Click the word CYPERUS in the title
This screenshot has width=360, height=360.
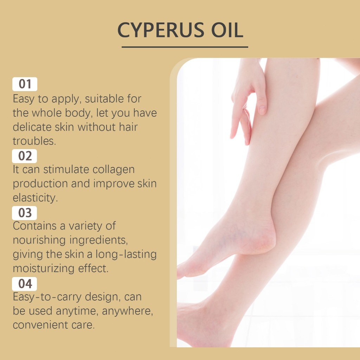[161, 30]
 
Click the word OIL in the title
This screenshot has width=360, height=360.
[227, 30]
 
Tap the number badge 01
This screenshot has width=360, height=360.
[25, 84]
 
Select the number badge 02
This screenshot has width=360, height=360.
[25, 156]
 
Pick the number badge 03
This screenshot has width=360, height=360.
[25, 213]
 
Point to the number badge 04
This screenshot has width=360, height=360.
[25, 284]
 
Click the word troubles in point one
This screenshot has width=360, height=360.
[34, 141]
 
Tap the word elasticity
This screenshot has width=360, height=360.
[35, 198]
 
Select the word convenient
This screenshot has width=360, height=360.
[40, 325]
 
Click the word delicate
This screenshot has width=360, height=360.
[32, 127]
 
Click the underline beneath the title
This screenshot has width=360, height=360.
[185, 47]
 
